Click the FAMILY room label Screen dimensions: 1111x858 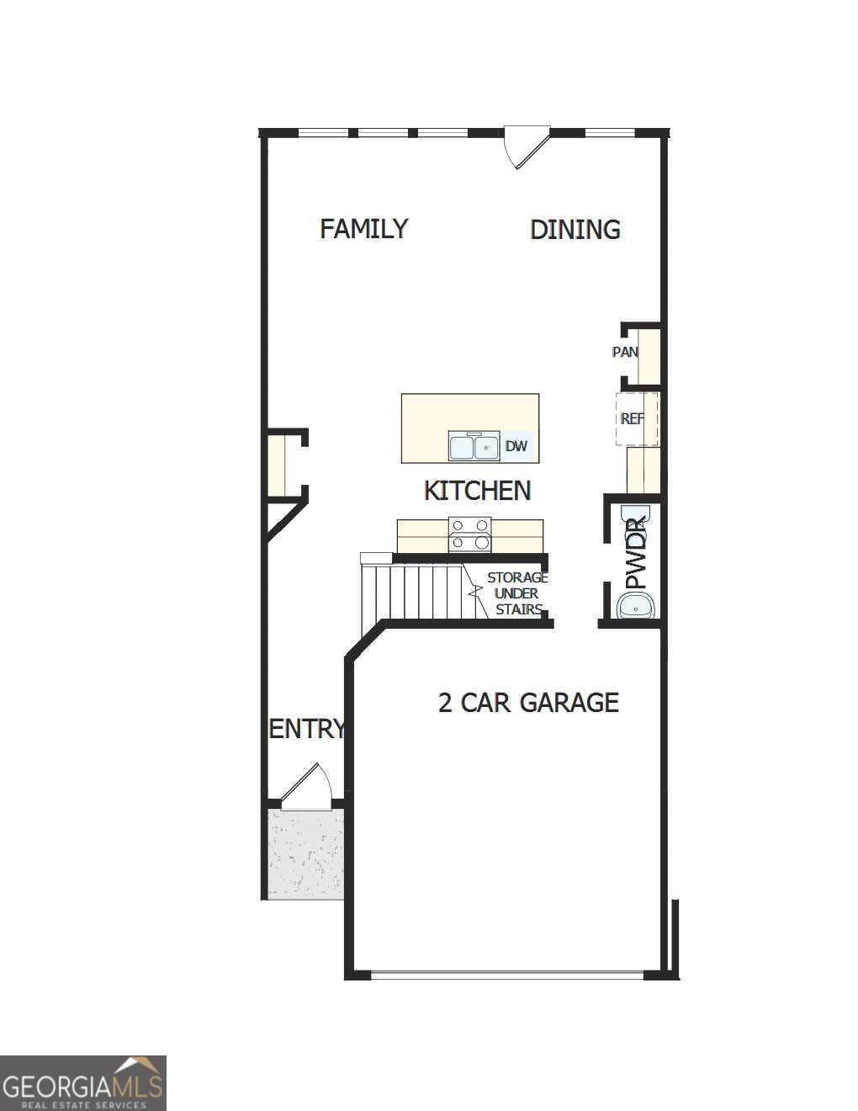tap(363, 229)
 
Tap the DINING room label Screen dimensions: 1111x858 tap(575, 230)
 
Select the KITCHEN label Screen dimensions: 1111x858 tap(477, 491)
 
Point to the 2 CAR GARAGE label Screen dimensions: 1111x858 tap(528, 702)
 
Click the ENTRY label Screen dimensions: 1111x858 tap(306, 729)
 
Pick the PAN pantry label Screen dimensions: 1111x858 tap(624, 352)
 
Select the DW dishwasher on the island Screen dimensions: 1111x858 tap(516, 446)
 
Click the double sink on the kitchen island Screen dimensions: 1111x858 tap(474, 446)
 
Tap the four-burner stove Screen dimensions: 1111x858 tap(469, 534)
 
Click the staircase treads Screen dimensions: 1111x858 tap(412, 592)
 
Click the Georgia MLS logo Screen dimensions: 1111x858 tap(82, 1083)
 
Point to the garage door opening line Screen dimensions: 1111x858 tap(506, 975)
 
